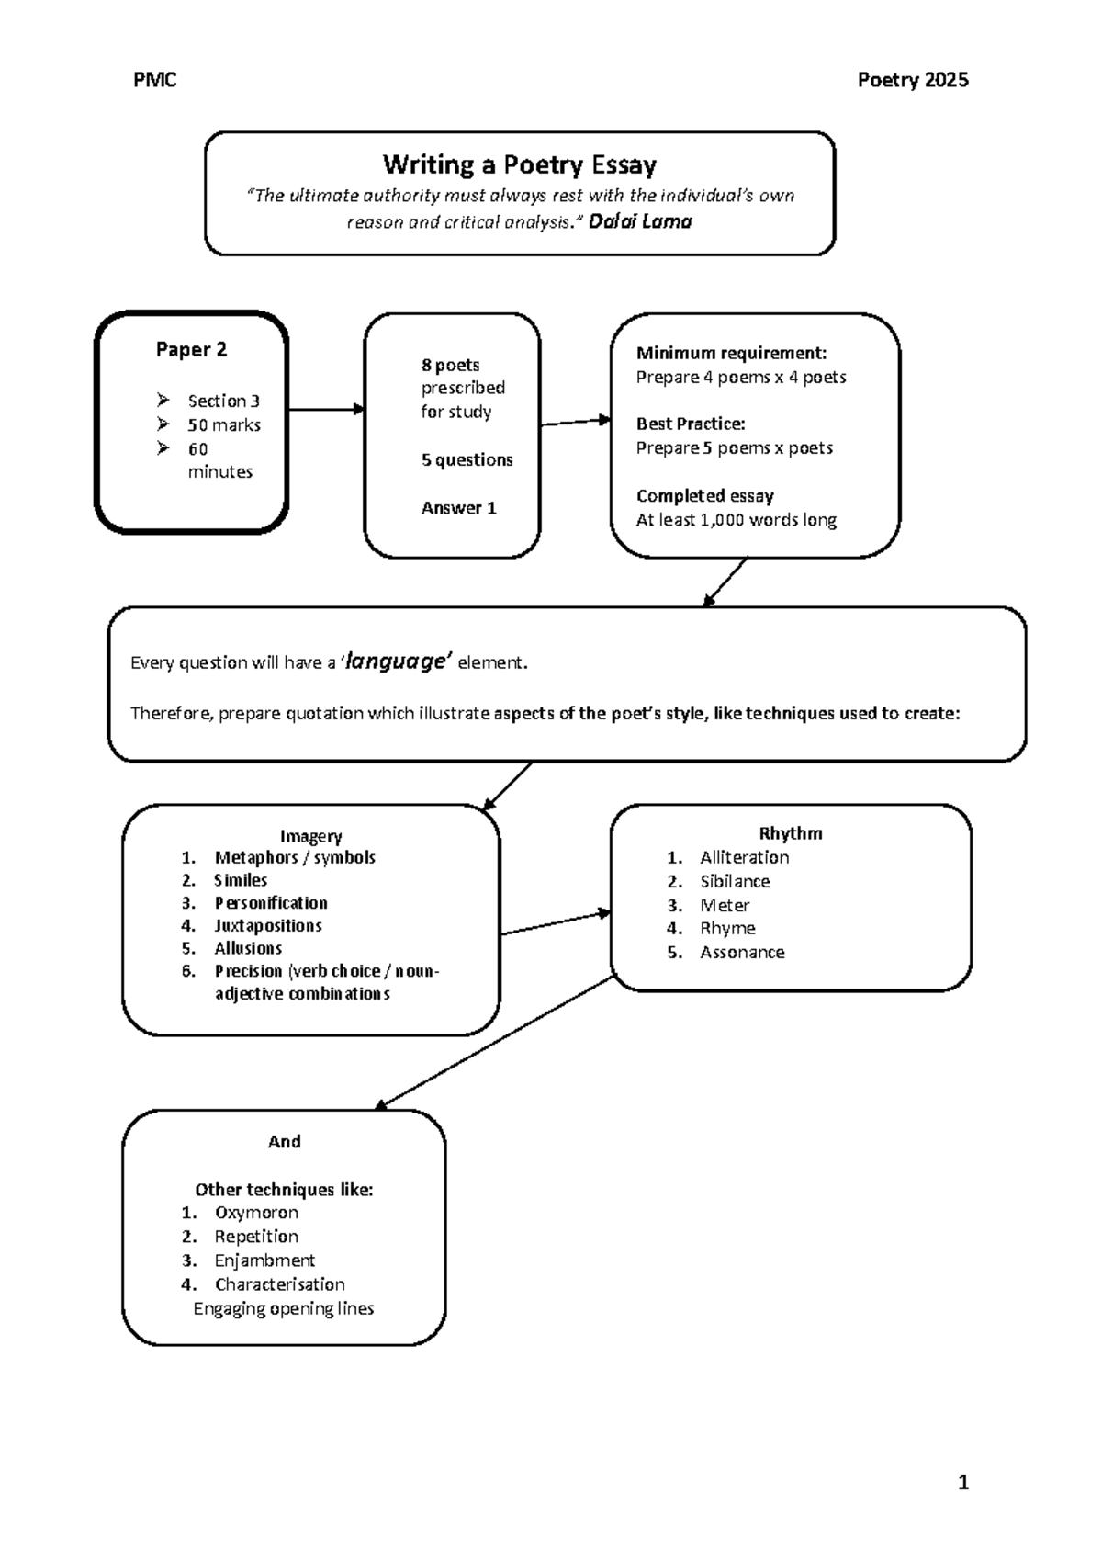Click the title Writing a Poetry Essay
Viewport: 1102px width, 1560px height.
[519, 165]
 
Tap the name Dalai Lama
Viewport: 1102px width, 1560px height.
[640, 221]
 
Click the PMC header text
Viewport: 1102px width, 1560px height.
[154, 81]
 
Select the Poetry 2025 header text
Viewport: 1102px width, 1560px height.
[912, 81]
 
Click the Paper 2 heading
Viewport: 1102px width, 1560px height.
[191, 350]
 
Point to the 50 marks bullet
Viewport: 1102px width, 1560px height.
[224, 425]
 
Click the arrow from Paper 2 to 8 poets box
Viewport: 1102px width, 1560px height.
[326, 410]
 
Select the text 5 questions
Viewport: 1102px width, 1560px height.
[467, 460]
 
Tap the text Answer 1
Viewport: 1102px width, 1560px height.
[458, 508]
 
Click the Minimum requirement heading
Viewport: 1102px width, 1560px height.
[731, 354]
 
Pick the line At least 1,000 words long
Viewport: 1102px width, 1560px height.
[736, 520]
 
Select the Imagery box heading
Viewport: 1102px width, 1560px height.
[310, 836]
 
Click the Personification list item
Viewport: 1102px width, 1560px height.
[271, 903]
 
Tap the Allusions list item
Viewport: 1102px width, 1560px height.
[248, 948]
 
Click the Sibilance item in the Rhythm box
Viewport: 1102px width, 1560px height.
[735, 881]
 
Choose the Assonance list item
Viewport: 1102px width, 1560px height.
[742, 953]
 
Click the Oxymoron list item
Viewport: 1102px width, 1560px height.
[256, 1213]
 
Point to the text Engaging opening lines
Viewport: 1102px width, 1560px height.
[283, 1308]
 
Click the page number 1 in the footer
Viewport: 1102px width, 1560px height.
[962, 1482]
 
